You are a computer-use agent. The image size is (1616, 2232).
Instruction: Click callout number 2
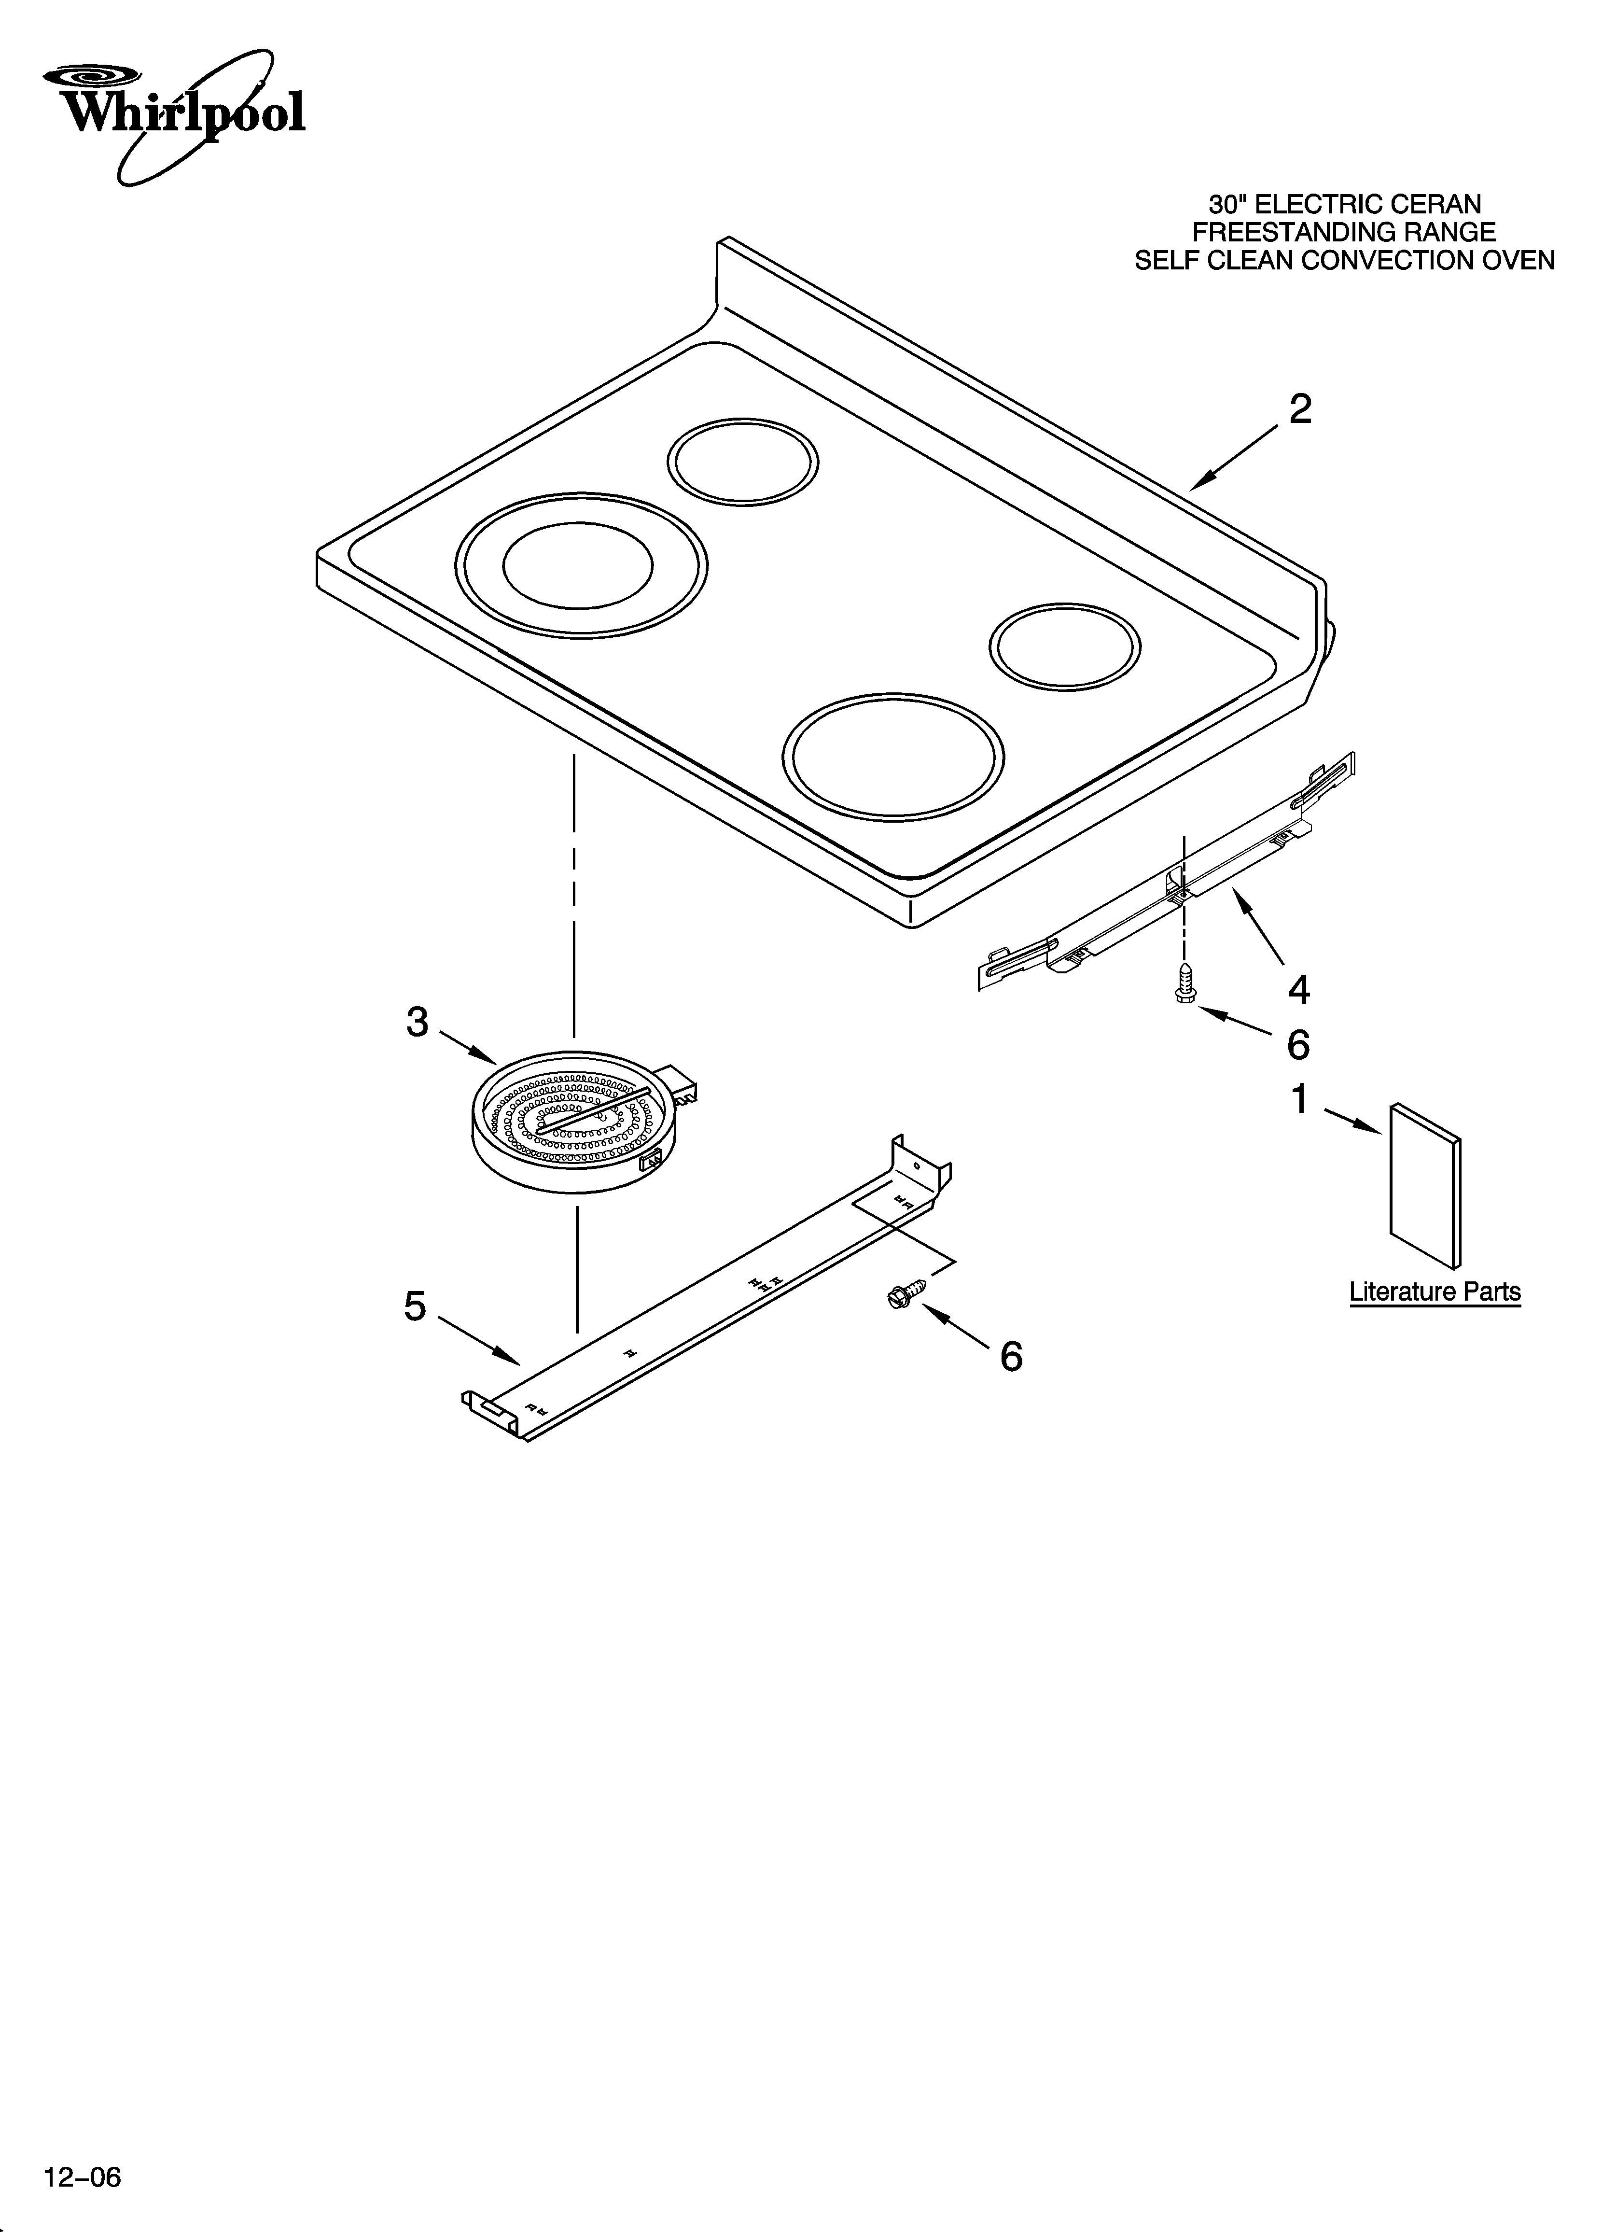pos(1300,409)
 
